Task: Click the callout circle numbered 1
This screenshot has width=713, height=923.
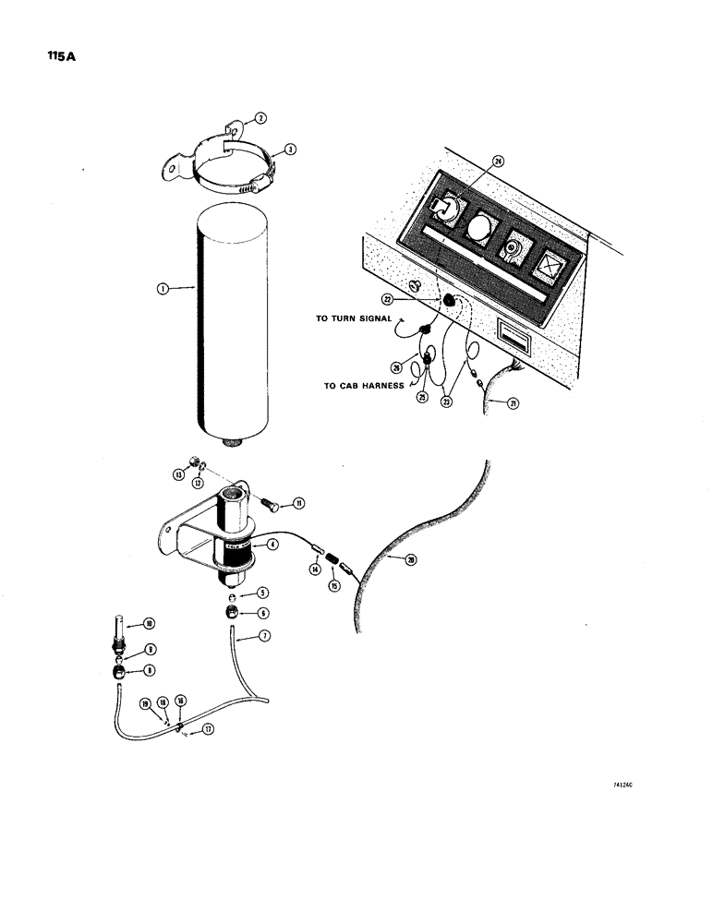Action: pos(163,288)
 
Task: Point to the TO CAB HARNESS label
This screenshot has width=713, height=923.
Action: pos(363,386)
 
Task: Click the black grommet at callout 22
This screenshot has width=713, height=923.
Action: pos(448,300)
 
